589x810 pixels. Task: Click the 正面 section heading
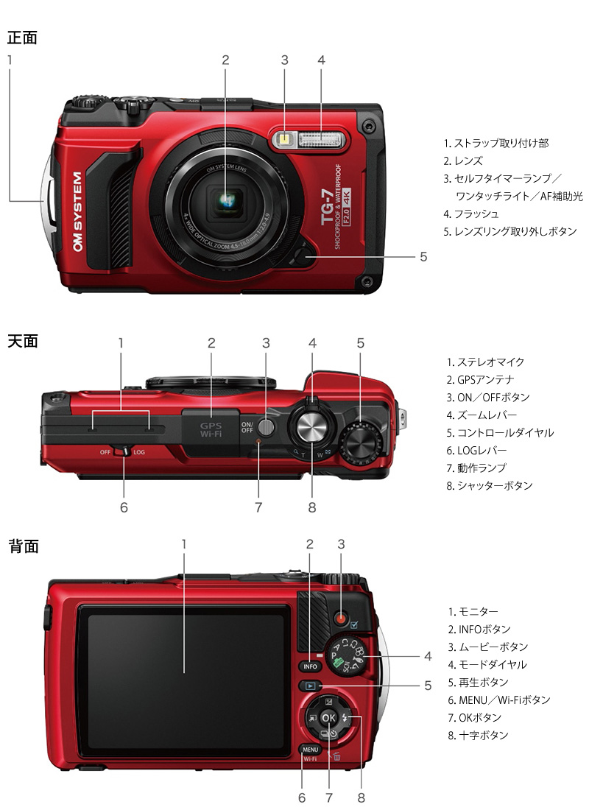pos(22,38)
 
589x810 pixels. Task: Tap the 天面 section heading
pos(22,342)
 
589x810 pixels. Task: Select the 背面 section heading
pos(22,546)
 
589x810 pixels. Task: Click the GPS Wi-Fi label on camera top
pos(211,429)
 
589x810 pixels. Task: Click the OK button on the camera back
pos(328,717)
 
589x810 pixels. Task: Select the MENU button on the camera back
pos(309,750)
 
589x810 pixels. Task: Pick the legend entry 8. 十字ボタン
pos(479,735)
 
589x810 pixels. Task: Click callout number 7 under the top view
pos(258,507)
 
